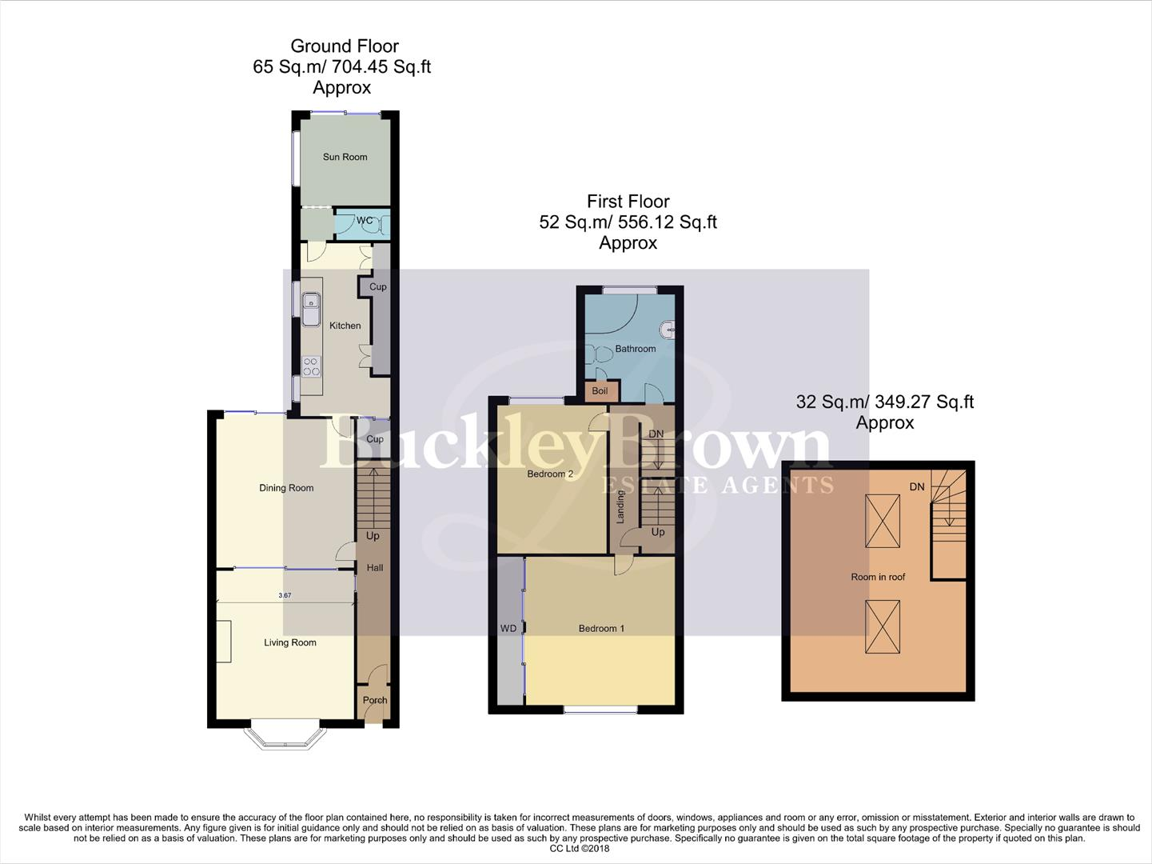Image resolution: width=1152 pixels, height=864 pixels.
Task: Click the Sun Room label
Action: [345, 157]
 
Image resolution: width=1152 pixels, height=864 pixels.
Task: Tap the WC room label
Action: [365, 221]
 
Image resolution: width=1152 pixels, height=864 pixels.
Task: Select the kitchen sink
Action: [311, 308]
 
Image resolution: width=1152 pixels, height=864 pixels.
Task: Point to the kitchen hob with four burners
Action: [311, 367]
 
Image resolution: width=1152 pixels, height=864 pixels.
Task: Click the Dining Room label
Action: [286, 488]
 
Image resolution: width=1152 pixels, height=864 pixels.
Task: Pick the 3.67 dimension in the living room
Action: [285, 595]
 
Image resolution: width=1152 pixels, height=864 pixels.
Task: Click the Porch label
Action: [374, 700]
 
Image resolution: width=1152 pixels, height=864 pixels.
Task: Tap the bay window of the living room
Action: [285, 738]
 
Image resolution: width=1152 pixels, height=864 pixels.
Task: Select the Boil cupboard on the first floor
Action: [600, 391]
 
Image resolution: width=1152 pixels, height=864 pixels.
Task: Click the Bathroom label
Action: [635, 349]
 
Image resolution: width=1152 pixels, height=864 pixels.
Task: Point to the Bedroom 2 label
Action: [550, 474]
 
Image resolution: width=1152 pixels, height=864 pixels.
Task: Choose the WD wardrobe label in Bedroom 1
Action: [508, 629]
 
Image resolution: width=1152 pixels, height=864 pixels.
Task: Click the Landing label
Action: [620, 506]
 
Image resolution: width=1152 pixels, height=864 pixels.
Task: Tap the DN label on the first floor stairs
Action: [656, 434]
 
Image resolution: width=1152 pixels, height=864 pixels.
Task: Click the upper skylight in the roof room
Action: [883, 521]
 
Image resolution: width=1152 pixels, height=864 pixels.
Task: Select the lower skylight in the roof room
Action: [883, 626]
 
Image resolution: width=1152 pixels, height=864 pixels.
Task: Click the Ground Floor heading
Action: [344, 46]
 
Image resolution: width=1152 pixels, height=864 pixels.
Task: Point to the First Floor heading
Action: [628, 202]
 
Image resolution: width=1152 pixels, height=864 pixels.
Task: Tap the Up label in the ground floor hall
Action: [373, 536]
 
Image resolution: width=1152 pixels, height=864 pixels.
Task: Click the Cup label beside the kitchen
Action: [377, 286]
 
